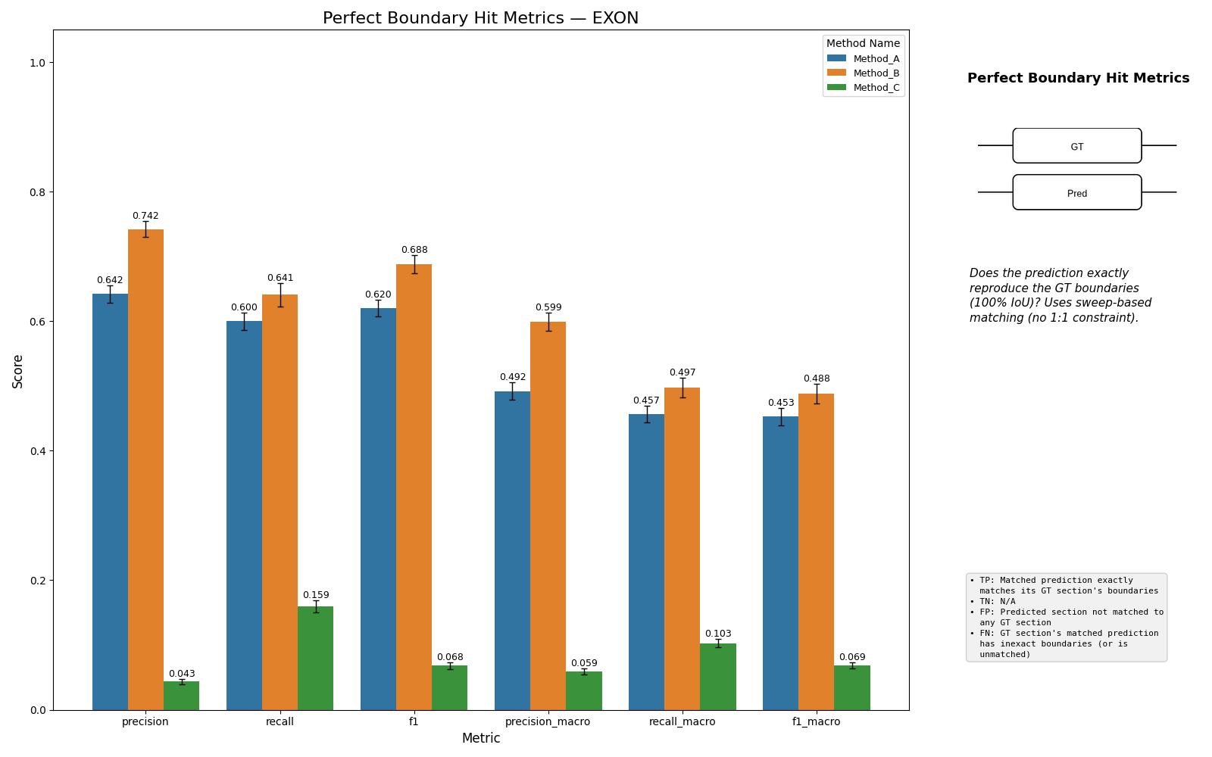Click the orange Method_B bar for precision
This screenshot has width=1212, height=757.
tap(146, 470)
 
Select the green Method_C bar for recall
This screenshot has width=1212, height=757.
tap(315, 659)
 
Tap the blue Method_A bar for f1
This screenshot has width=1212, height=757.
tap(378, 509)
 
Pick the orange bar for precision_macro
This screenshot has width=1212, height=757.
tap(548, 516)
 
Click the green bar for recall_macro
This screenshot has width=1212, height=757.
tap(718, 677)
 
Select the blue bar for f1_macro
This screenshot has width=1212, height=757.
tap(781, 563)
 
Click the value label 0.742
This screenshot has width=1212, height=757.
tap(145, 216)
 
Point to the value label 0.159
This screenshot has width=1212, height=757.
tap(316, 595)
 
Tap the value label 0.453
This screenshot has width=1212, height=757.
tap(781, 403)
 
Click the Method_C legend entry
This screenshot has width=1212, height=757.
tap(864, 88)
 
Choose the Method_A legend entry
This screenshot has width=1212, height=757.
tap(864, 59)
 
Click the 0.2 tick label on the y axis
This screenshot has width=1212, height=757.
tap(38, 581)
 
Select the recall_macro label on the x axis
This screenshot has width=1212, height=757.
tap(683, 722)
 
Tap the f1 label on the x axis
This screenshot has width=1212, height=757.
tap(414, 722)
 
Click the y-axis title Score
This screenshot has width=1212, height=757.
tap(18, 372)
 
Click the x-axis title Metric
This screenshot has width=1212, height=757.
tap(481, 739)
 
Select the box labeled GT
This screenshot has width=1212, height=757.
tap(1077, 146)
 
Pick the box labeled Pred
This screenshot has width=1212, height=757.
tap(1077, 192)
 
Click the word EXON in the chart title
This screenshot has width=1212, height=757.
tap(616, 18)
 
